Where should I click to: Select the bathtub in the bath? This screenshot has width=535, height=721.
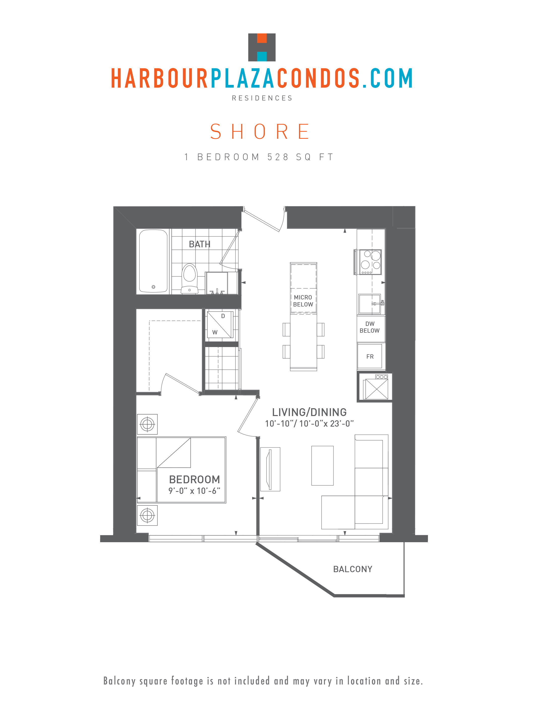pos(153,261)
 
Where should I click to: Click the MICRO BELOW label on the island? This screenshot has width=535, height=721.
pos(303,301)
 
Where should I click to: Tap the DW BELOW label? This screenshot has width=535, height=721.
pos(370,327)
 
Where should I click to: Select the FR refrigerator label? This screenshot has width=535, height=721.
pos(370,356)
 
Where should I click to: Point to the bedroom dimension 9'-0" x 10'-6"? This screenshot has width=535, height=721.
pos(194,491)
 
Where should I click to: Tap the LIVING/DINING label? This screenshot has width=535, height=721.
pos(309,412)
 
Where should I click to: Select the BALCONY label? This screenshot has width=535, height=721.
pos(353,569)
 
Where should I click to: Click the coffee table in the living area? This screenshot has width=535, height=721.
pos(322,466)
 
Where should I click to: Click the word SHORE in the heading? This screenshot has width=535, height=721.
pos(260,131)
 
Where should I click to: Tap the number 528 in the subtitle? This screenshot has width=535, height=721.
pos(278,157)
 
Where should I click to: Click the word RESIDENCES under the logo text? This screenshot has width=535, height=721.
pos(262,98)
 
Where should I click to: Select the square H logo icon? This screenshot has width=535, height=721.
pos(262,47)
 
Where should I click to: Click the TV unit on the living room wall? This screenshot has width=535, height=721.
pos(270,469)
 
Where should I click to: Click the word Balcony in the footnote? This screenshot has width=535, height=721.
pos(119,681)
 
